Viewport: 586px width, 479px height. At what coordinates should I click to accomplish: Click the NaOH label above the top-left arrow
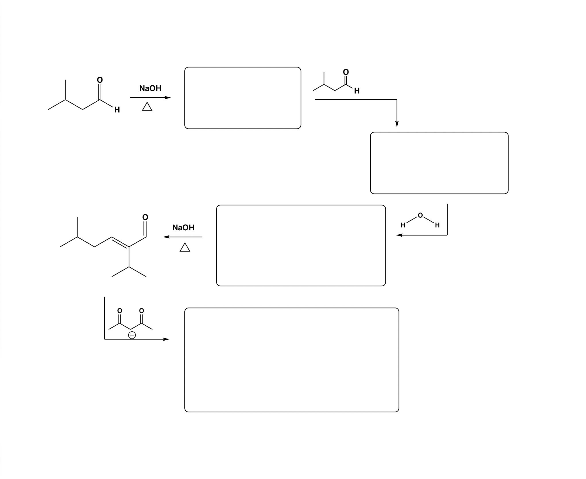(150, 88)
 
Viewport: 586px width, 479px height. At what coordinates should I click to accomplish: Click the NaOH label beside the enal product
(183, 228)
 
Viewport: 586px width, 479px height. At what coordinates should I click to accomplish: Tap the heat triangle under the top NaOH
(147, 107)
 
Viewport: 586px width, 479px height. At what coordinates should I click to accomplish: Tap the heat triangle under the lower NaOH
(185, 248)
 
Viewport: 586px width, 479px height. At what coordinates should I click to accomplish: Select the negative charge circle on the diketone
(132, 335)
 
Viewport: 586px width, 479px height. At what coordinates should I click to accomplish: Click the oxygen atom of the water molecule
(420, 215)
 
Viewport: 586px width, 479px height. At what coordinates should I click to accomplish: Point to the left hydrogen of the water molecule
(403, 225)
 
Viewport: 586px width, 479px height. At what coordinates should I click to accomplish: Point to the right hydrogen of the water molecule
(437, 225)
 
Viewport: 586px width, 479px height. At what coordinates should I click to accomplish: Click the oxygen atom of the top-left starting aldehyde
(100, 80)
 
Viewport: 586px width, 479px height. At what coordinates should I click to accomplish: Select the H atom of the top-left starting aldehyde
(117, 110)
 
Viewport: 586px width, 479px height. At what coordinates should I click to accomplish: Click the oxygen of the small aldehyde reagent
(346, 72)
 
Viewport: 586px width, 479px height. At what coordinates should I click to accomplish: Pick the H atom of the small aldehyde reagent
(357, 91)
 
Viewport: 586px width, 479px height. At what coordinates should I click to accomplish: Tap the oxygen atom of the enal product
(145, 217)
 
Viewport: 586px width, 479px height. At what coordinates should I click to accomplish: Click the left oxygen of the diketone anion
(120, 311)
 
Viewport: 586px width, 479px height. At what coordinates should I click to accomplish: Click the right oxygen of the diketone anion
(142, 311)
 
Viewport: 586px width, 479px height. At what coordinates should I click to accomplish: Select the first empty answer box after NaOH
(243, 98)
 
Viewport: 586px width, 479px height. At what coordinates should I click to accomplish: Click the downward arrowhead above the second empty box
(397, 124)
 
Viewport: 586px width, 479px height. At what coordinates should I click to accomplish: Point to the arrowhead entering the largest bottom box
(167, 339)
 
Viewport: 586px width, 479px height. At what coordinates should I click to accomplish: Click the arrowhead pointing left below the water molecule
(399, 235)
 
